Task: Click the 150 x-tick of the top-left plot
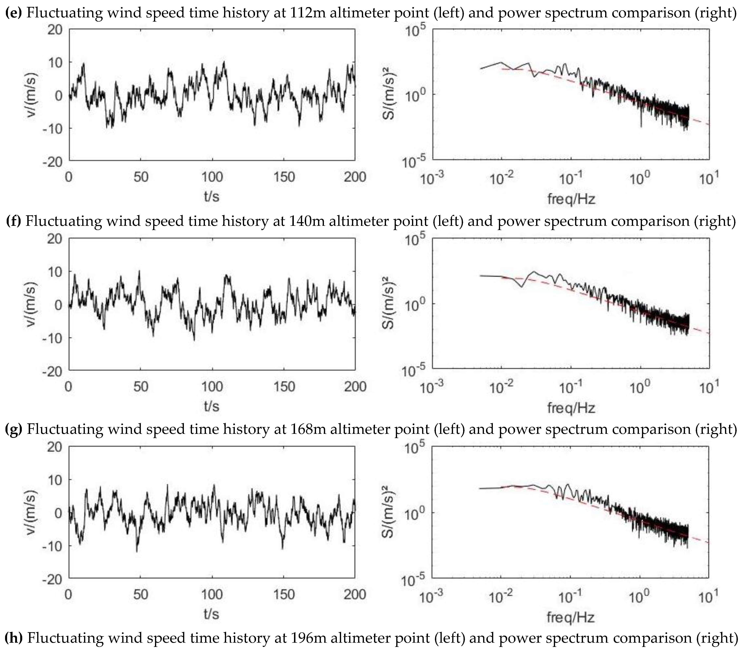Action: tap(284, 177)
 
